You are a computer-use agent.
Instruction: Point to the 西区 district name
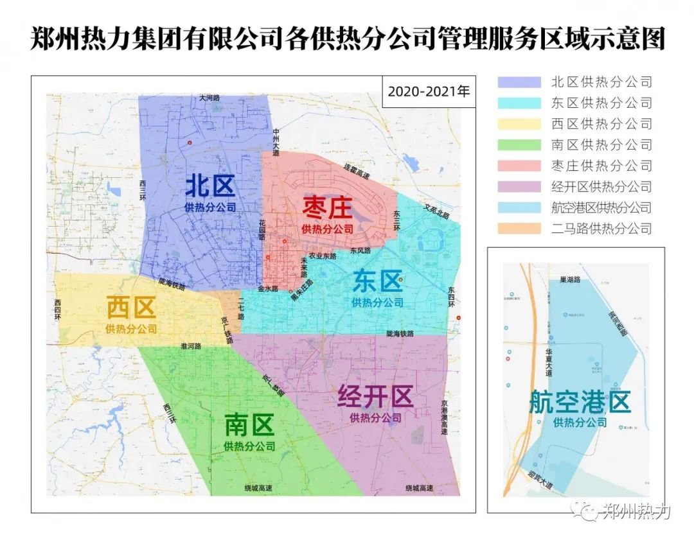click(131, 308)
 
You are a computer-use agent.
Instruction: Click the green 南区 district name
click(249, 424)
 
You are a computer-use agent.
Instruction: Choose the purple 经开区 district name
click(375, 397)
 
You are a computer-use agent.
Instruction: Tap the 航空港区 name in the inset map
click(580, 402)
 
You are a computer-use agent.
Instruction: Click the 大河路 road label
click(209, 98)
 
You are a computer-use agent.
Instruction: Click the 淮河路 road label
click(191, 346)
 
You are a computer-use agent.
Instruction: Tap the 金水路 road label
click(268, 289)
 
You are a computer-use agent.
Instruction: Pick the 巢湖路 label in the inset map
click(569, 280)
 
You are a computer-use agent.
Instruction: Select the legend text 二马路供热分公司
click(601, 228)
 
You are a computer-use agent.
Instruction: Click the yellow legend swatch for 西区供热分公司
click(519, 124)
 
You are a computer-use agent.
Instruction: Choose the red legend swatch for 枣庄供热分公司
click(519, 166)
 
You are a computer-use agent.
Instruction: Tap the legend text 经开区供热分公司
click(601, 187)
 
